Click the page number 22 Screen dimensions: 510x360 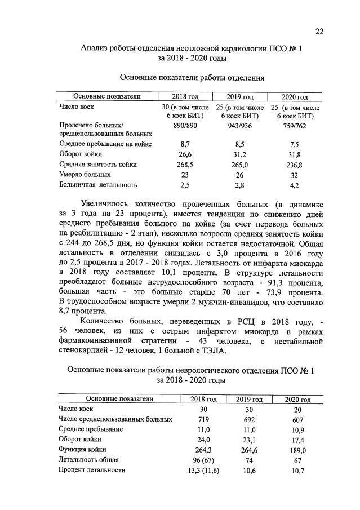point(319,32)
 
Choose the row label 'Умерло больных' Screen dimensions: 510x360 point(81,175)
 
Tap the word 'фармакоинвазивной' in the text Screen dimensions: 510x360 point(93,342)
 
